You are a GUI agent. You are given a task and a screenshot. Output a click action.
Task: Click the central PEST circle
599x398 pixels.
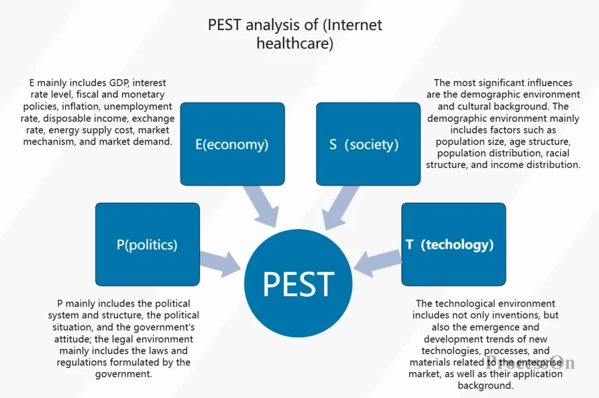(x=298, y=283)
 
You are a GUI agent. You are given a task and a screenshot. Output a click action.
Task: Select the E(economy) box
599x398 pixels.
(x=232, y=144)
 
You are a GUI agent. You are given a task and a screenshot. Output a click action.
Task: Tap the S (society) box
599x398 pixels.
(x=368, y=144)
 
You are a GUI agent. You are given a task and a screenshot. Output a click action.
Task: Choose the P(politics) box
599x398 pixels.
(x=147, y=245)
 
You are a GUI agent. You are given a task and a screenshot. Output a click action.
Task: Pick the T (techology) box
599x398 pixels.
(x=453, y=245)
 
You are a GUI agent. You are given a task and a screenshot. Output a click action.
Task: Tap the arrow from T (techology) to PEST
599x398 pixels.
(x=377, y=263)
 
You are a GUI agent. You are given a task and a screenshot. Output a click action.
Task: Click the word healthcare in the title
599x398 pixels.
(x=295, y=43)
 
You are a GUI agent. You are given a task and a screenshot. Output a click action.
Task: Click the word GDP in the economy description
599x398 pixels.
(x=119, y=83)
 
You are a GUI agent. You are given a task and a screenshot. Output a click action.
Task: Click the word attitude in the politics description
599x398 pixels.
(x=72, y=339)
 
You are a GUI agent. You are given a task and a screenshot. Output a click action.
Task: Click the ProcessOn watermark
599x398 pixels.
(x=530, y=363)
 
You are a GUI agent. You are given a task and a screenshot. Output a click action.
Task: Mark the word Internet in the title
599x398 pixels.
(x=355, y=25)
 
